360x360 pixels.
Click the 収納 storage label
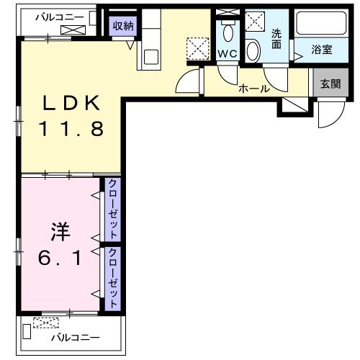[x=122, y=26]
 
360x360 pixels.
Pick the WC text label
[x=228, y=54]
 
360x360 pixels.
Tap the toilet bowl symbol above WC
[x=228, y=32]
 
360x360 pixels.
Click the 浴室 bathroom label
[x=321, y=50]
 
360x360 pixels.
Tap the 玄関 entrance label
[x=330, y=84]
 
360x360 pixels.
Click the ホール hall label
[x=254, y=89]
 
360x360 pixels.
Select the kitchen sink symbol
[x=151, y=55]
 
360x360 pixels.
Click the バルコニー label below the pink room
[x=75, y=337]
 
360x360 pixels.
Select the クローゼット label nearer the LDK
[x=113, y=209]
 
